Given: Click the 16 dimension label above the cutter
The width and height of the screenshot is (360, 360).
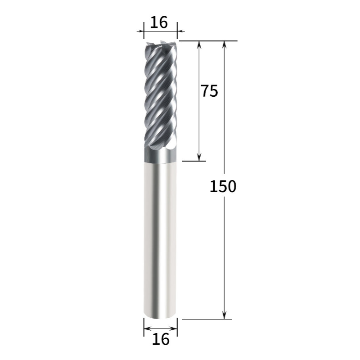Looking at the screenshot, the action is (159, 22).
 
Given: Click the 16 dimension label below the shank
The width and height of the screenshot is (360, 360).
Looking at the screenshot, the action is (161, 339).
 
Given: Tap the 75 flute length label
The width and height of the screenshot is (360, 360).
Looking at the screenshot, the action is (209, 91).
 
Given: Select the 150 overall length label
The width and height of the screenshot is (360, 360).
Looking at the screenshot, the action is (223, 186).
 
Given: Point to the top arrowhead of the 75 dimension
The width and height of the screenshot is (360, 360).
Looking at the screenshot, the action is (199, 45).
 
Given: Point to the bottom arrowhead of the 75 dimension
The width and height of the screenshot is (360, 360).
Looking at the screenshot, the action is (199, 157).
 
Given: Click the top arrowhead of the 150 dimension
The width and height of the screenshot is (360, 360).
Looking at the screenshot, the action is (225, 45).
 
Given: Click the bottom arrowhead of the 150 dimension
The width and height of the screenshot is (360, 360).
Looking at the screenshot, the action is (225, 315).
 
